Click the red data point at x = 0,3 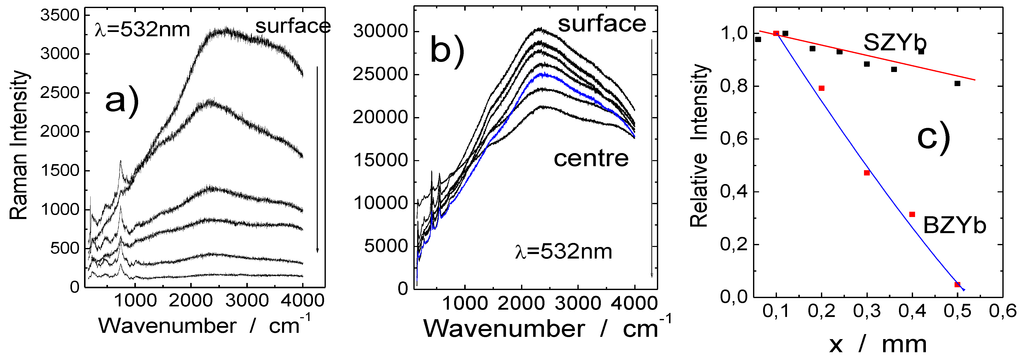tap(867, 173)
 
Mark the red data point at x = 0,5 tap(957, 285)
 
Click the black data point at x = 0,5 tap(957, 83)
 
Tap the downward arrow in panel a tap(318, 160)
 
